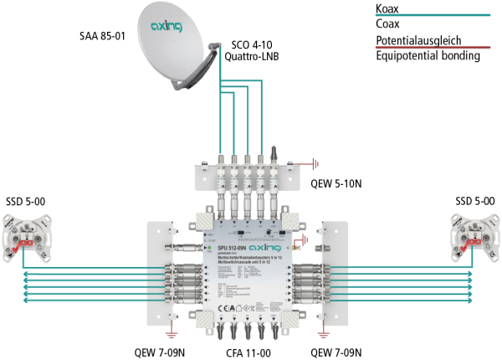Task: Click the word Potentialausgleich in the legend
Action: pyautogui.click(x=416, y=40)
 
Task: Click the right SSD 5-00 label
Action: pyautogui.click(x=475, y=202)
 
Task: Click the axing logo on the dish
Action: pyautogui.click(x=166, y=28)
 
